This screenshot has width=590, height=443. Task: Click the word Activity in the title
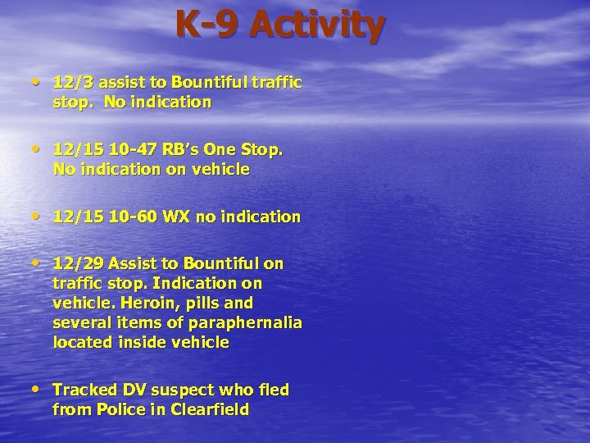click(x=317, y=25)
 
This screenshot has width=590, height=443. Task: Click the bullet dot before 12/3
click(x=40, y=83)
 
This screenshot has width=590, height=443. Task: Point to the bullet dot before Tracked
click(x=40, y=389)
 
